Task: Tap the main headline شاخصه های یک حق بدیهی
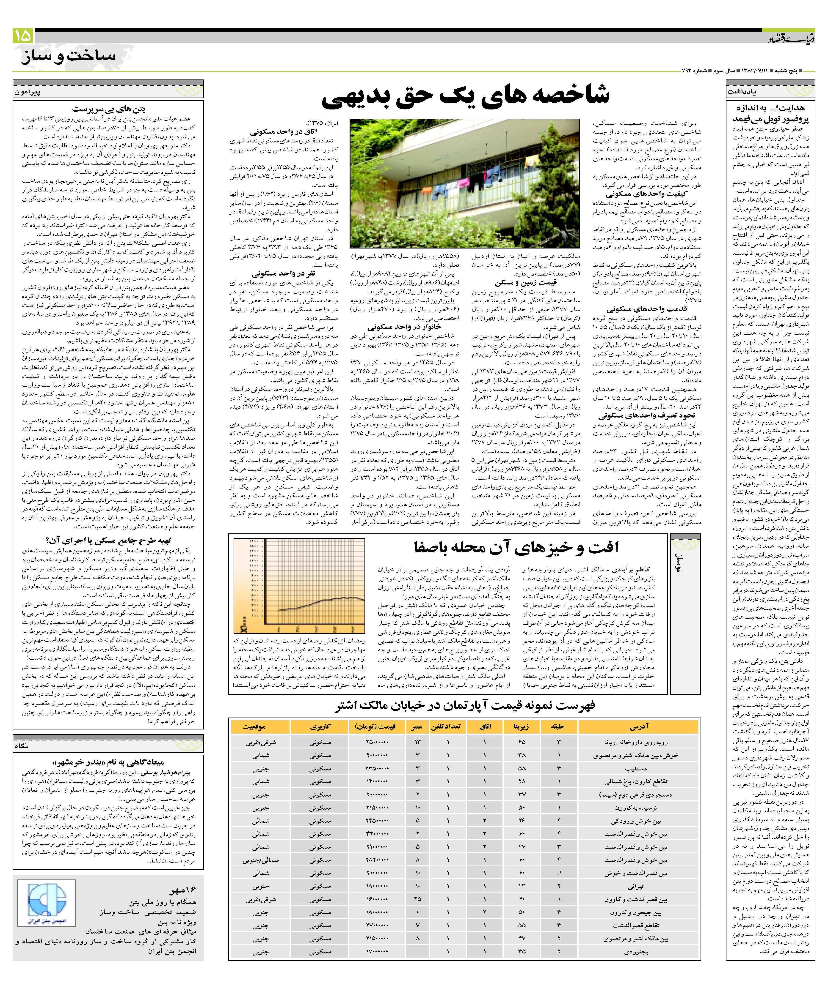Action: coord(465,94)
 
